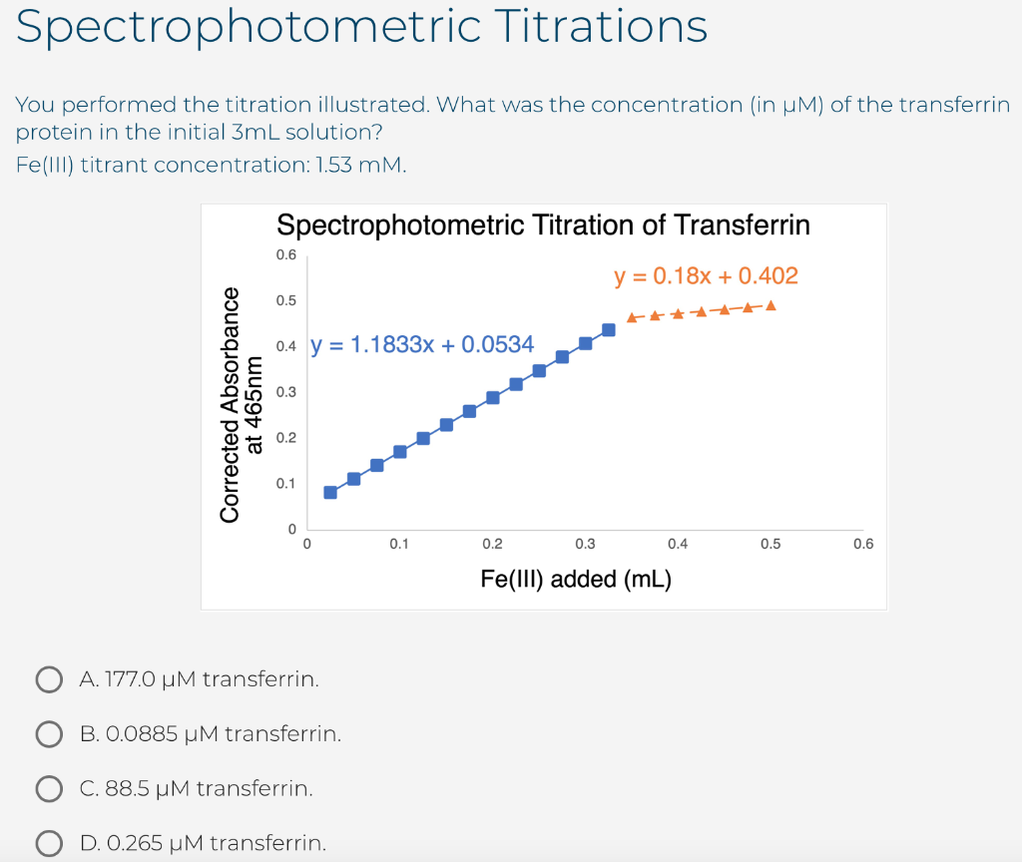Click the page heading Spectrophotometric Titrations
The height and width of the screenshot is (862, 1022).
tap(362, 27)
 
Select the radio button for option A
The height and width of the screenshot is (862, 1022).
tap(49, 680)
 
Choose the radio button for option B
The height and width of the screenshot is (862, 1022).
tap(49, 734)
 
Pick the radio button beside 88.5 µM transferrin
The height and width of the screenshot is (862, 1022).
tap(49, 789)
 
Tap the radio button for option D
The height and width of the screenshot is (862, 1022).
tap(49, 843)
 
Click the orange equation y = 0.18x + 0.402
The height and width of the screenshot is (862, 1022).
tap(706, 275)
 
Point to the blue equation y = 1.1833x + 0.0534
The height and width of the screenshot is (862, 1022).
tap(422, 345)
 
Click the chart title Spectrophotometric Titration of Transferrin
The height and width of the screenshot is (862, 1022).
tap(543, 224)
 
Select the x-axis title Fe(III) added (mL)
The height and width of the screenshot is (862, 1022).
tap(576, 579)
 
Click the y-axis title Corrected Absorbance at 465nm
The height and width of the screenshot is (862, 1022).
tap(243, 404)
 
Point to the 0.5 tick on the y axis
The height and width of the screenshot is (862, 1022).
tap(286, 300)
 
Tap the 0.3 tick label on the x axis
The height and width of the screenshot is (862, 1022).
tap(585, 545)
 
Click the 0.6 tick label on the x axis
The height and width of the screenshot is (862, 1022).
tap(863, 545)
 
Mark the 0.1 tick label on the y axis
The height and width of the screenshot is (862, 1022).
tap(286, 484)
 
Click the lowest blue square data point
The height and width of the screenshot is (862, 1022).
tap(330, 492)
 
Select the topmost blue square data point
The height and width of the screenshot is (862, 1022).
tap(609, 329)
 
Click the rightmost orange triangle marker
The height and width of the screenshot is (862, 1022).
tap(770, 305)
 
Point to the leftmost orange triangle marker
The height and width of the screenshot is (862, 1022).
tap(632, 318)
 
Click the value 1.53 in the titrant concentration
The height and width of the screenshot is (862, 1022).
tap(335, 166)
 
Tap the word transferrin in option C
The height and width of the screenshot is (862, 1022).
tap(255, 789)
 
